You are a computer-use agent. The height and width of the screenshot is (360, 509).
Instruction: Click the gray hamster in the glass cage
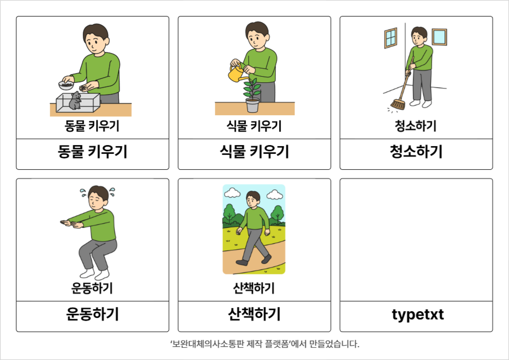point(75,100)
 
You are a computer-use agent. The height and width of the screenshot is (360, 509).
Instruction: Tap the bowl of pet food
point(66,85)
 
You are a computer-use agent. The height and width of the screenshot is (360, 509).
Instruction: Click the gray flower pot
point(252,105)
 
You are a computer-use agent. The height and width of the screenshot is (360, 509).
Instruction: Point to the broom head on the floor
point(397,105)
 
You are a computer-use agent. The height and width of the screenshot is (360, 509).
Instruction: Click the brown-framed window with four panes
point(391,38)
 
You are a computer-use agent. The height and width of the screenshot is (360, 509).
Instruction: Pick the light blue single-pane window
point(439,37)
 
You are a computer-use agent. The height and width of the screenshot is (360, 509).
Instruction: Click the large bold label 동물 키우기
point(93,152)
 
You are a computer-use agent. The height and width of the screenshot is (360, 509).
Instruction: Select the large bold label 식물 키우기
point(254,152)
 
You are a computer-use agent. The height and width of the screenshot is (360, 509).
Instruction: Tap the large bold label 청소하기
point(416,152)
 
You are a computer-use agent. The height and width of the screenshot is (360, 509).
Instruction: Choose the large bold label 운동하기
point(93,314)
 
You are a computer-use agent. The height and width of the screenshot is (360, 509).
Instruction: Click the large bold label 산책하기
point(254,314)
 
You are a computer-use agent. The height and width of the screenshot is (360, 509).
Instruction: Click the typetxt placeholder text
point(418,314)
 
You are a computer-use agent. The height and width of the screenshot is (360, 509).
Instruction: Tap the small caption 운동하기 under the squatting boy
point(92,288)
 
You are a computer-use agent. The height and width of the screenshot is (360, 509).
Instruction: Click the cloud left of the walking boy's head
point(232,193)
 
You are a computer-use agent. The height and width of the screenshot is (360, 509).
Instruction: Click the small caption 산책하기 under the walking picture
point(254,288)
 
